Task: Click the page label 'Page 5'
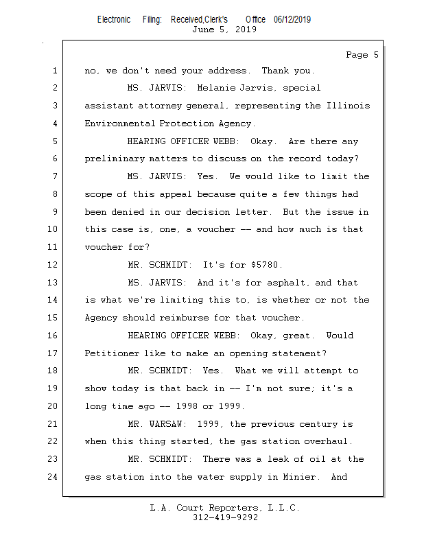pos(362,55)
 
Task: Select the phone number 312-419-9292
pos(225,518)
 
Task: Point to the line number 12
pos(53,265)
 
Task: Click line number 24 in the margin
pos(53,476)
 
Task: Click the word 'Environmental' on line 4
pos(120,124)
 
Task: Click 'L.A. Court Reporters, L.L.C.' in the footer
pos(225,509)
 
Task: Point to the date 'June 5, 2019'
pos(224,30)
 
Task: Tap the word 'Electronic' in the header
pos(114,20)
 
